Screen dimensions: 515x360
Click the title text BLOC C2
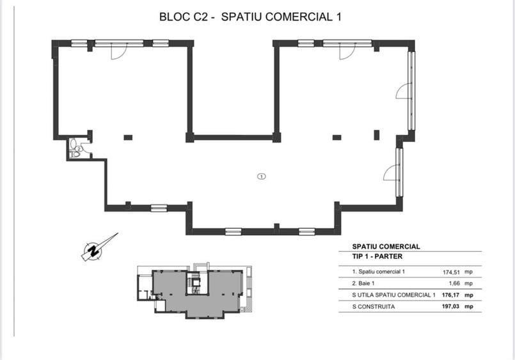[x=183, y=17]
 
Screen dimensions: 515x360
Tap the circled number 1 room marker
[x=262, y=176]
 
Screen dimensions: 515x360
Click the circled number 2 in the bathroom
[x=79, y=148]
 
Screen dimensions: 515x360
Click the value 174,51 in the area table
[x=451, y=272]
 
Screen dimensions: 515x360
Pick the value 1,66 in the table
[x=454, y=283]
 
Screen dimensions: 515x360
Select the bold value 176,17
[x=450, y=295]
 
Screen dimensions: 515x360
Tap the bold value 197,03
[x=450, y=306]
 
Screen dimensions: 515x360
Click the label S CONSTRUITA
[x=374, y=307]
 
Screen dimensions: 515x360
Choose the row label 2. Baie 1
[x=363, y=283]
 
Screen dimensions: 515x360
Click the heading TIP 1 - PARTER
[x=377, y=256]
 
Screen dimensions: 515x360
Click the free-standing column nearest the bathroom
[x=128, y=137]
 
